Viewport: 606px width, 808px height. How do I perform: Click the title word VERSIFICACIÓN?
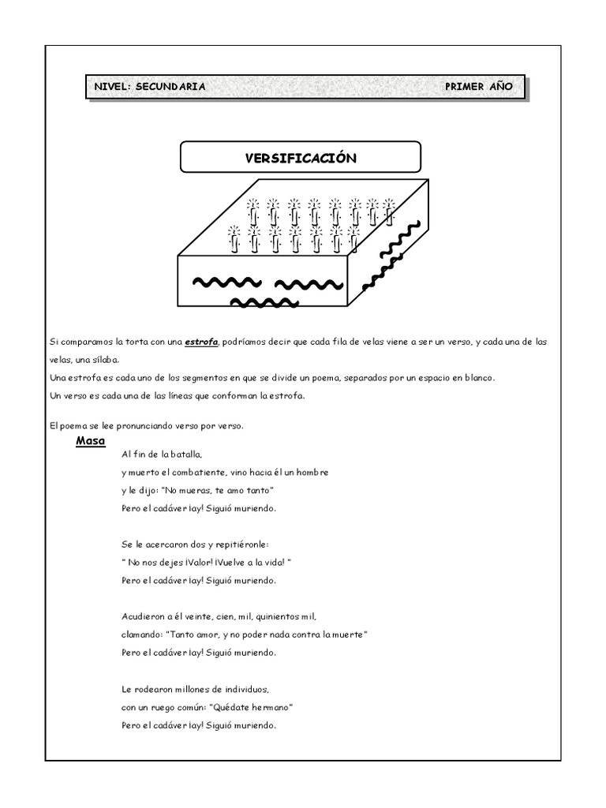[x=301, y=158]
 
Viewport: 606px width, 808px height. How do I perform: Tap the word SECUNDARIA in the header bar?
[x=170, y=87]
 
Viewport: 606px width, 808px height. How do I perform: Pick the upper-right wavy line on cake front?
[x=307, y=284]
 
